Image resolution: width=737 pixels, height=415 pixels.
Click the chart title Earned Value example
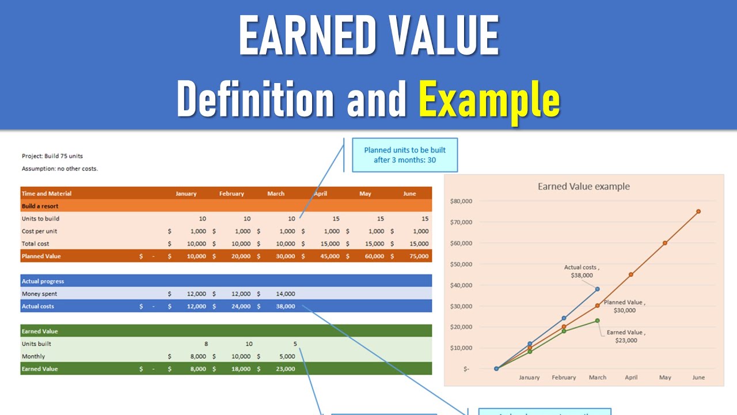(x=583, y=187)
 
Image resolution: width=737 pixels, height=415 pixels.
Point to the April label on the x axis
(x=631, y=378)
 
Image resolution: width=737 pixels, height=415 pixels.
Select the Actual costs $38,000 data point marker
(x=598, y=289)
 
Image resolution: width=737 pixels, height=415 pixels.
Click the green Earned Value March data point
(x=597, y=320)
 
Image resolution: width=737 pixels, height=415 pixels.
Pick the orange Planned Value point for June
(x=698, y=212)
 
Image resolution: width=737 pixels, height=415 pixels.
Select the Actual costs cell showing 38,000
(x=285, y=307)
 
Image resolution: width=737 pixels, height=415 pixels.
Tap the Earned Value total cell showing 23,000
(x=285, y=369)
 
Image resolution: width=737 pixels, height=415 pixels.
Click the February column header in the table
(x=231, y=194)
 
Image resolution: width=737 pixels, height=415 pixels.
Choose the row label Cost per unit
(x=39, y=231)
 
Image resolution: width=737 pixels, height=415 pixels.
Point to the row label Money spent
(x=39, y=294)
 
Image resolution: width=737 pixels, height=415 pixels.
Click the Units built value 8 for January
(x=206, y=344)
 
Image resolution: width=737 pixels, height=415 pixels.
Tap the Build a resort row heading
(x=40, y=206)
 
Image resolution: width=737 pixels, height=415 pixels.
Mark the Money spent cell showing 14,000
(x=285, y=294)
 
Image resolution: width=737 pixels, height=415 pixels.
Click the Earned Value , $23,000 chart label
(x=626, y=337)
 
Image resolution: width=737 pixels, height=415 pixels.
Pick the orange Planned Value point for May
(x=665, y=243)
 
